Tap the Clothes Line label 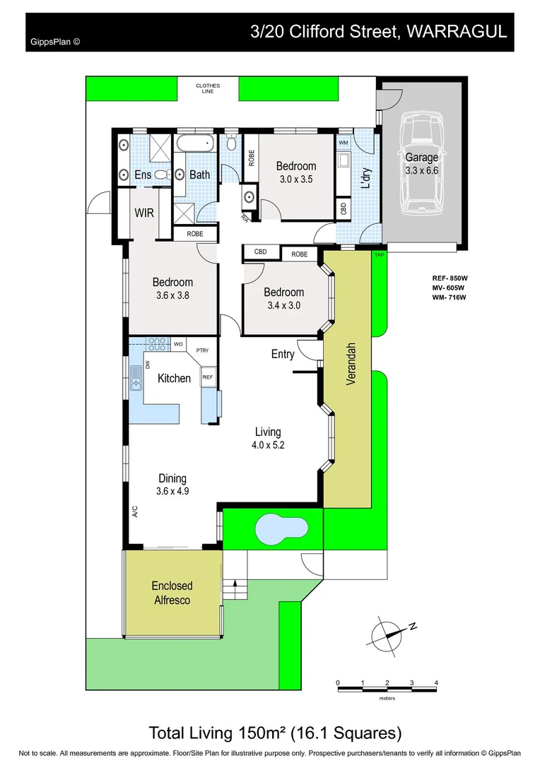click(208, 88)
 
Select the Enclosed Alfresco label click(172, 593)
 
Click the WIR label click(144, 213)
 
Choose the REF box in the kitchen click(208, 378)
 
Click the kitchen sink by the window click(134, 379)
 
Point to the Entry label click(283, 355)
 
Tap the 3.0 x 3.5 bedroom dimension click(295, 179)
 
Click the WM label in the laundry click(344, 143)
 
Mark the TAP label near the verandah click(379, 254)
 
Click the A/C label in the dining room click(134, 511)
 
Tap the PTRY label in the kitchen click(202, 350)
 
